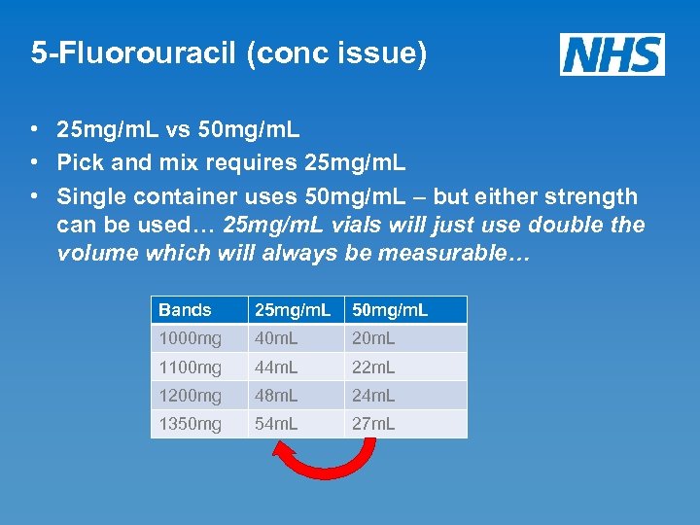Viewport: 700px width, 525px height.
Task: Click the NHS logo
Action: pos(612,54)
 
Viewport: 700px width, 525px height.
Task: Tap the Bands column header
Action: pos(185,310)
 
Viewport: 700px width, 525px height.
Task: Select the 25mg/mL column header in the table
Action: pos(293,310)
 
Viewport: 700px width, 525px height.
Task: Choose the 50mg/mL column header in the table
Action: pos(389,310)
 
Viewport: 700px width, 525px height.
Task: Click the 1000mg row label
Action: pos(191,338)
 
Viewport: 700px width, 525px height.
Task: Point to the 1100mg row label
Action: pos(191,367)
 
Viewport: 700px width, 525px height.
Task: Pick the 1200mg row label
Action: pos(191,396)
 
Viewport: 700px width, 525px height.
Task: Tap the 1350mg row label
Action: pos(191,424)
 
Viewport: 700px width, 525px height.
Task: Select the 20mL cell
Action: pos(374,338)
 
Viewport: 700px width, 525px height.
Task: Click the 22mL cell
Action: pos(374,367)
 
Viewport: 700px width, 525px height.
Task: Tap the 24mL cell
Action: pos(374,396)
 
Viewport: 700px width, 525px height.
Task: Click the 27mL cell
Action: pos(374,424)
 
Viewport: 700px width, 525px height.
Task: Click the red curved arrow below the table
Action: pos(324,472)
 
